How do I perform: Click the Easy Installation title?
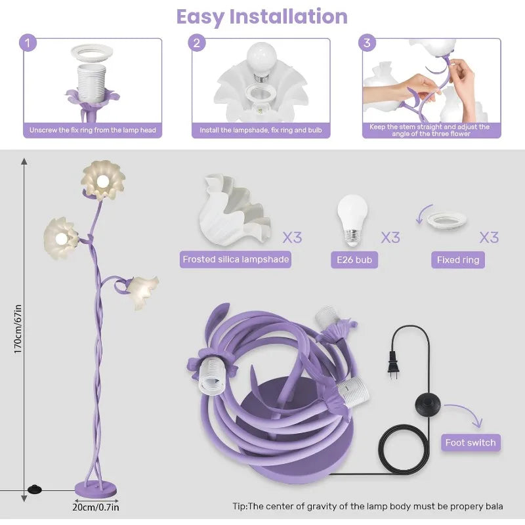(262, 17)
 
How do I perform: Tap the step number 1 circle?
(28, 43)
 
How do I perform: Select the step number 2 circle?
(196, 43)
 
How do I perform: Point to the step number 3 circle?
(367, 43)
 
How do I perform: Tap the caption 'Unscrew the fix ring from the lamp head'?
(93, 130)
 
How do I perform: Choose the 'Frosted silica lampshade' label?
(236, 259)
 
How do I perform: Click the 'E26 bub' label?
(354, 260)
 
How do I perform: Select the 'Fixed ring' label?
(458, 260)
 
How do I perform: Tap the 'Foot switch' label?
(471, 442)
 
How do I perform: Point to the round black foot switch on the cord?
(428, 404)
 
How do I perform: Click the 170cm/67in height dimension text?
(18, 329)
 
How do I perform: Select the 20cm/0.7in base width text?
(96, 507)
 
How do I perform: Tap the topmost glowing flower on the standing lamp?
(103, 180)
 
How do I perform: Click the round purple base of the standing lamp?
(96, 489)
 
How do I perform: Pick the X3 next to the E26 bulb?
(390, 238)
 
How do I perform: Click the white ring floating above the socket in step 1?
(92, 54)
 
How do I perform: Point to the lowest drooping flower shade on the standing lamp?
(142, 291)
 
